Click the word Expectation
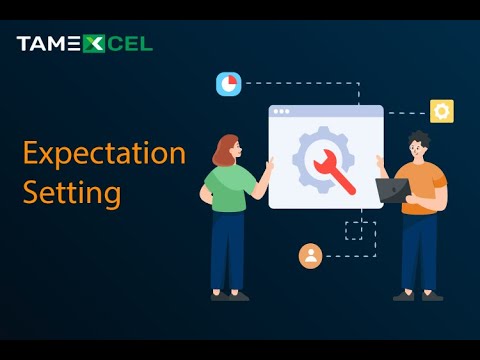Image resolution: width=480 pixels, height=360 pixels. (104, 154)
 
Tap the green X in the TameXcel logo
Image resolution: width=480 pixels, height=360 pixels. (93, 44)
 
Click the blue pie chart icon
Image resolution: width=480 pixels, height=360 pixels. (228, 84)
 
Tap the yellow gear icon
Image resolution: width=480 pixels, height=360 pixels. (441, 111)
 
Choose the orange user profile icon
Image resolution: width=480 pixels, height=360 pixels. (310, 256)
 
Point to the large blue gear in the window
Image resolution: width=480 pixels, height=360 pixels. (305, 150)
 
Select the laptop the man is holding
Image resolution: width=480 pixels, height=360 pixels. (393, 190)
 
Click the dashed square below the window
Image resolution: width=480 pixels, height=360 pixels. (354, 230)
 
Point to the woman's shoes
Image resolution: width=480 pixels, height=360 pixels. (229, 295)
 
